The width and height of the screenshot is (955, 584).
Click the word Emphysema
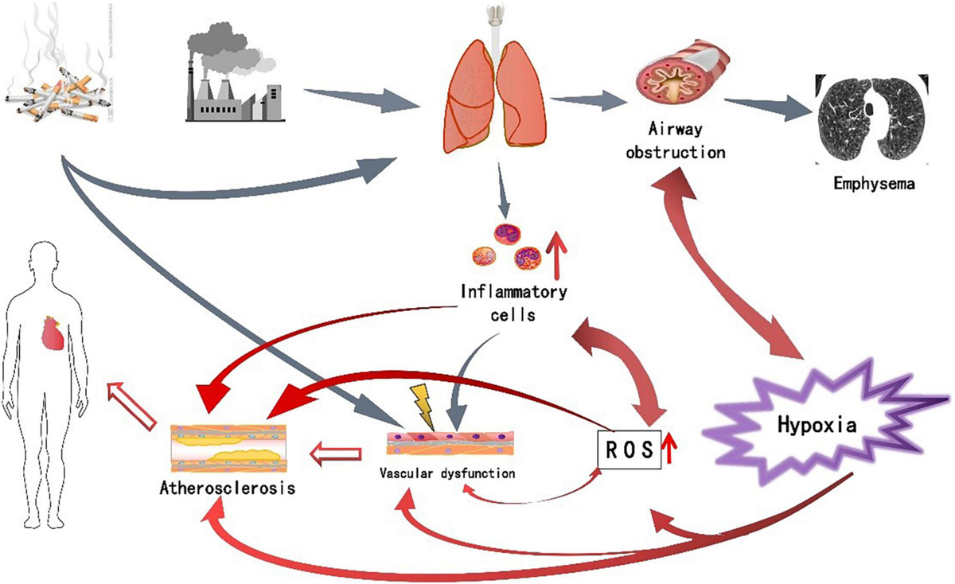874,184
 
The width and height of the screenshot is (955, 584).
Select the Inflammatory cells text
513,302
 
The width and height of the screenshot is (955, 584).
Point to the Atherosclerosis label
227,487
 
